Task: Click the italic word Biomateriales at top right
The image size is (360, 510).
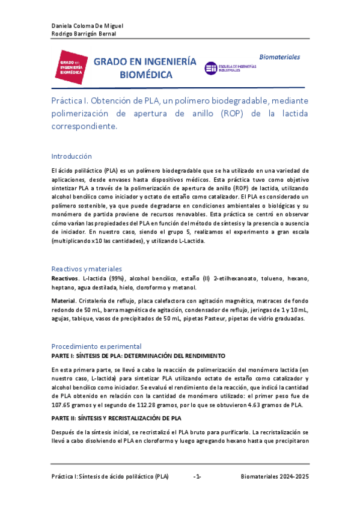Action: click(x=279, y=57)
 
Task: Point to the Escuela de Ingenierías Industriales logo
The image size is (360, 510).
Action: click(x=231, y=69)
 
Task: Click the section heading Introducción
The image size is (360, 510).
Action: click(x=72, y=156)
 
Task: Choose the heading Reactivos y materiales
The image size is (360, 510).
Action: click(x=87, y=269)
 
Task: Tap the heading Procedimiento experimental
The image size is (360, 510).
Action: click(x=96, y=346)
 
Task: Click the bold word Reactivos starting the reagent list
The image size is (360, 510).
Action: click(x=65, y=279)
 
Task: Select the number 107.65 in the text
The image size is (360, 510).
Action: click(x=64, y=406)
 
